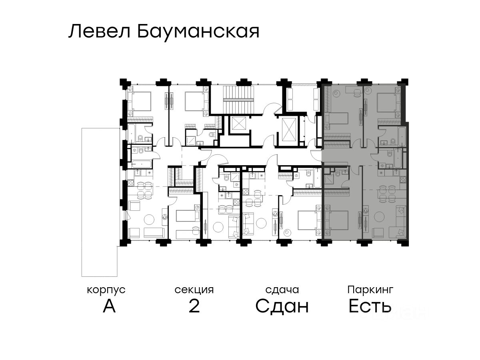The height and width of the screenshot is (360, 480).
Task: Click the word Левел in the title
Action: point(100,31)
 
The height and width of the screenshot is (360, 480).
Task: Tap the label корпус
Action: point(106,290)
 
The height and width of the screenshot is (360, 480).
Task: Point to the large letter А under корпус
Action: point(109,306)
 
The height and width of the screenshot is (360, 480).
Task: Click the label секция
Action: point(194,290)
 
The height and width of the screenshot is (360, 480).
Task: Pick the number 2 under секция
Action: point(194,306)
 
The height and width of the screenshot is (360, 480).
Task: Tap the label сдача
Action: point(282,290)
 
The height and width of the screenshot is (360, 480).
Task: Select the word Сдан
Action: point(282,306)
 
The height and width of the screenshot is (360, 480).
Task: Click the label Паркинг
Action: point(370,289)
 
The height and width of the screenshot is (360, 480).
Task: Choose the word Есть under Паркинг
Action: point(370,306)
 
